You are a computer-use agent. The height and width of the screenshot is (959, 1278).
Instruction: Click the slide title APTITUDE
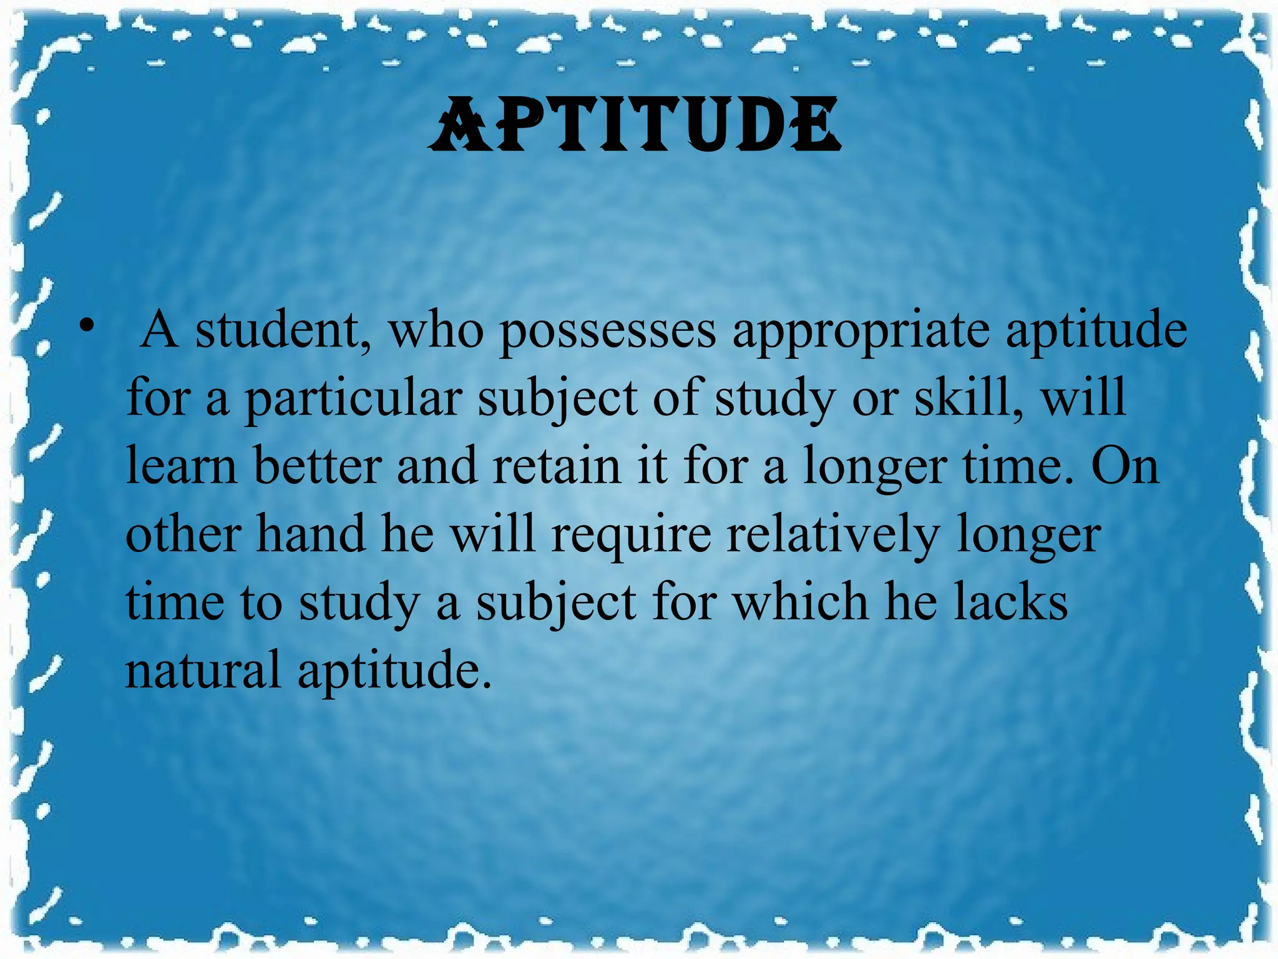pos(635,125)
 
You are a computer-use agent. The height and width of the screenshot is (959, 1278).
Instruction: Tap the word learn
pos(182,466)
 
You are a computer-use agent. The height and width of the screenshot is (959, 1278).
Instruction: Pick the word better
pos(318,466)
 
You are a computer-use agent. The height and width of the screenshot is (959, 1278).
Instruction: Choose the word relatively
pos(833,536)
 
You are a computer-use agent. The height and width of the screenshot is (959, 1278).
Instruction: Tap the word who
pos(436,330)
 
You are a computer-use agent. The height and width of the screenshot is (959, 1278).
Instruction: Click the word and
pos(437,466)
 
